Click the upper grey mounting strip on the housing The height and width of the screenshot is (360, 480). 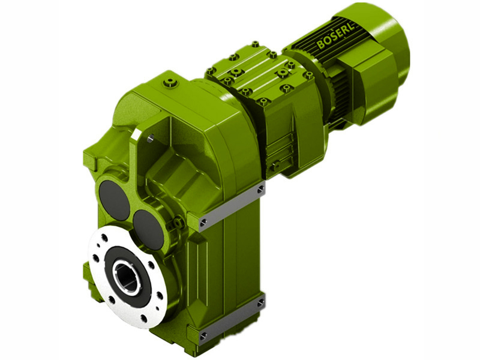232,207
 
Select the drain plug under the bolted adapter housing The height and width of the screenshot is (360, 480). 277,163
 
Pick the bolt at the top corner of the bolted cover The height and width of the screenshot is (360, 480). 255,44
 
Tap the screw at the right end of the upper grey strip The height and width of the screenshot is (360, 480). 260,190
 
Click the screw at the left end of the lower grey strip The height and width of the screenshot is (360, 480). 203,335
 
